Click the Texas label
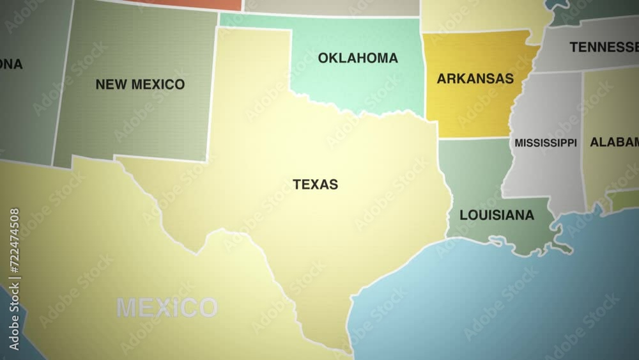tap(315, 184)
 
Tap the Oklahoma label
tap(358, 58)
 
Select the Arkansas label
tap(475, 79)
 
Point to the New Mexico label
tap(140, 84)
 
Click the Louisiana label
tap(497, 215)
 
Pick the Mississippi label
tap(545, 143)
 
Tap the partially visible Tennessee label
tap(603, 47)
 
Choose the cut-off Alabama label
tap(613, 142)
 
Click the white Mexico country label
tap(166, 308)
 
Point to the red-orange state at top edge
tap(192, 4)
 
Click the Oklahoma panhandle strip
tap(256, 20)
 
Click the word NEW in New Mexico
tap(109, 84)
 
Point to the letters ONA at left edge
tap(10, 64)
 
